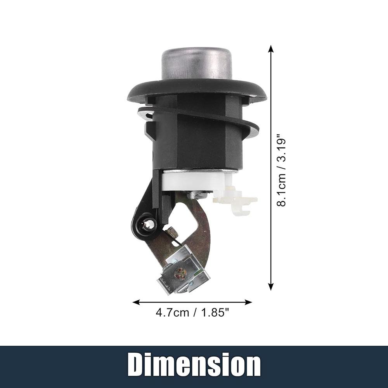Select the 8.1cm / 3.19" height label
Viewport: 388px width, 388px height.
coord(281,170)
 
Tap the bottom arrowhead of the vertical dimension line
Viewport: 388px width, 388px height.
coord(271,287)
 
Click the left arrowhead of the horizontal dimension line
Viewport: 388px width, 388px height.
coord(136,302)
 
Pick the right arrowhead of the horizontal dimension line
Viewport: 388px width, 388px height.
coord(248,302)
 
